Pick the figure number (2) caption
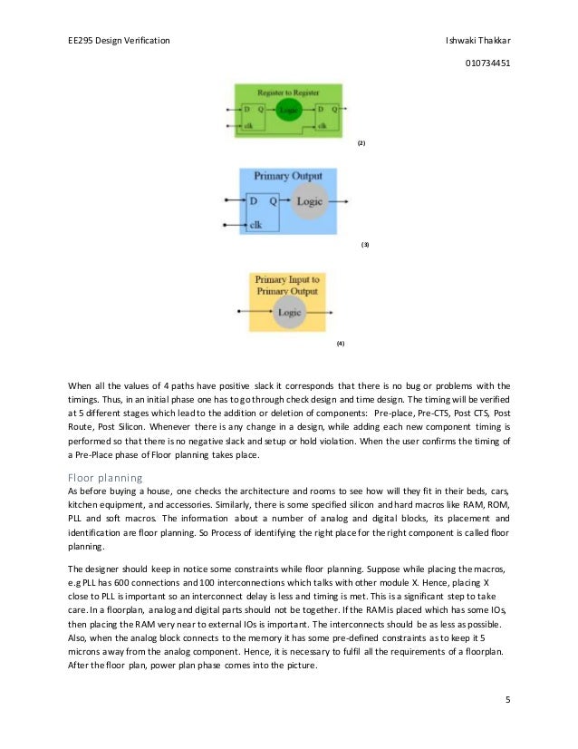point(361,144)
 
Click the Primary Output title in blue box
point(287,176)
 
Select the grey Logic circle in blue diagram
point(309,200)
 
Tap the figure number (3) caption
point(364,245)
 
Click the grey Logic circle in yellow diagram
point(289,312)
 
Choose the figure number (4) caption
point(341,345)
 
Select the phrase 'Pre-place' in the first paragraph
point(400,410)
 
